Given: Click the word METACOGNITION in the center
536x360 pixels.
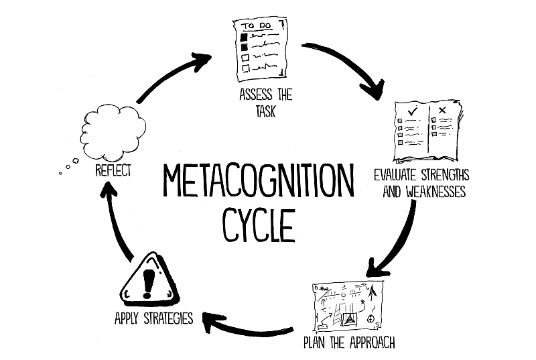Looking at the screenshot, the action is click(259, 180).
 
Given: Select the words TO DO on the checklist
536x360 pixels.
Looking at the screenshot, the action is click(256, 26).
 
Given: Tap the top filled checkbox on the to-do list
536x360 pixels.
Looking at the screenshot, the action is click(244, 36).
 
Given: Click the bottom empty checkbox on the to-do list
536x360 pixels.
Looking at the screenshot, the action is click(246, 68).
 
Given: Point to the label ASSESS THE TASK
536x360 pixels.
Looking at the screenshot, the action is click(265, 103).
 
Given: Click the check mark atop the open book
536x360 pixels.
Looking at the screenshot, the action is click(413, 111).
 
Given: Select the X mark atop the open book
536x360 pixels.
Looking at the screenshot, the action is click(442, 110).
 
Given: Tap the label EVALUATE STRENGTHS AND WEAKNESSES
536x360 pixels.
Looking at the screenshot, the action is click(422, 183).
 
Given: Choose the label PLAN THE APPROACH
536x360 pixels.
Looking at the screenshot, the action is click(349, 342).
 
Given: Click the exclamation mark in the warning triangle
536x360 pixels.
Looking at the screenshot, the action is click(147, 283).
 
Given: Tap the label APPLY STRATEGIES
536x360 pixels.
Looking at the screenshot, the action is click(154, 318).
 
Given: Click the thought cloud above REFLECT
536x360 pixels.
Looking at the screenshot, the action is click(113, 132).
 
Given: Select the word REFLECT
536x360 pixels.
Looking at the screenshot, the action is click(113, 170).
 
